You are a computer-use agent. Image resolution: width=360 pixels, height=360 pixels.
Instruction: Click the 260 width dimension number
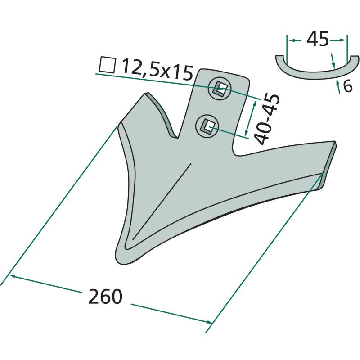105,296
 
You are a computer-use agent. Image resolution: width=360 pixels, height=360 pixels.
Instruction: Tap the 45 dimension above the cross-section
318,39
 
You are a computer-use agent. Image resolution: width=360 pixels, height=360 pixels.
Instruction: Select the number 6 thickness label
347,86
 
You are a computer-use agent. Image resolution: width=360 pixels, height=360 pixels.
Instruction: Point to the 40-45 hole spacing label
267,119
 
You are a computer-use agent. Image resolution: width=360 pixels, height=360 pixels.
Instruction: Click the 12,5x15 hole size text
157,69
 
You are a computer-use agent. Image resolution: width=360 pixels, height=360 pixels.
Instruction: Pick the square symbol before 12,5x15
107,65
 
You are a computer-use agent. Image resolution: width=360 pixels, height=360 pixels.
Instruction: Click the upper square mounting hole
220,89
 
